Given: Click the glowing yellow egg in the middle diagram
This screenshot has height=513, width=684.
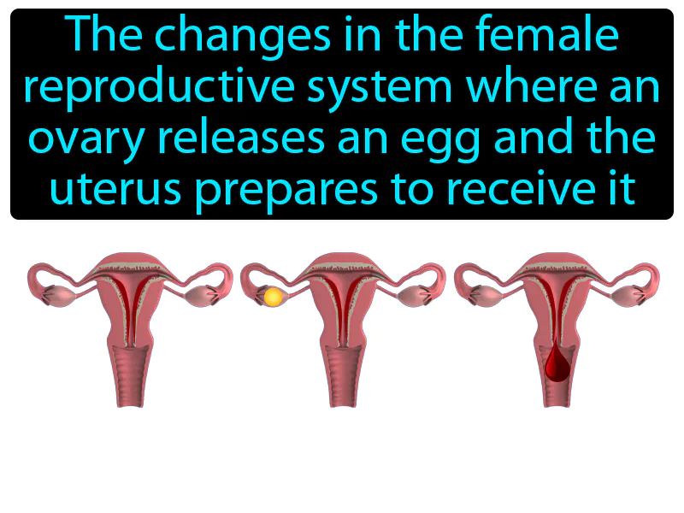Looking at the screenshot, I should pyautogui.click(x=273, y=297).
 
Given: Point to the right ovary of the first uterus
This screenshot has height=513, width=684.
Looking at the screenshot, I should pyautogui.click(x=203, y=296).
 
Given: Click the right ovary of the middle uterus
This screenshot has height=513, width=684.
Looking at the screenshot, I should pyautogui.click(x=416, y=296).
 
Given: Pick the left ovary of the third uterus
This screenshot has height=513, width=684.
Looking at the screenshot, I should pyautogui.click(x=485, y=296).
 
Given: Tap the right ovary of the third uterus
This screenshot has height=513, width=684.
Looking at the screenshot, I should pyautogui.click(x=629, y=296).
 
